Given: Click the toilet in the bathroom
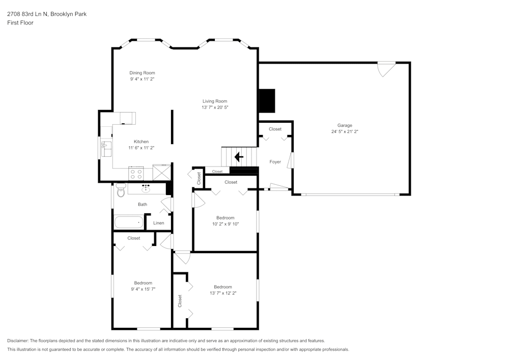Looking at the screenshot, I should (121, 191).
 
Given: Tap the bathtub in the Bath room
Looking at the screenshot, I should (129, 223).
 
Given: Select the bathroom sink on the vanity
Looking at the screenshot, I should (146, 189).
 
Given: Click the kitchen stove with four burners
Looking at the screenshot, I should (136, 174).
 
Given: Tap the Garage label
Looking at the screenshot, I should (345, 125).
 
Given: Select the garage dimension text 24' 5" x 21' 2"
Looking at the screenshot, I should (345, 131).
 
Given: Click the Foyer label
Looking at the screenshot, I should (275, 162).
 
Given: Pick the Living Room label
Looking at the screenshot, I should (214, 101).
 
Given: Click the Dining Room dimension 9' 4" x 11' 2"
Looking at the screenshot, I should (142, 79).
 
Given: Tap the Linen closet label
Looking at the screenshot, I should (158, 223).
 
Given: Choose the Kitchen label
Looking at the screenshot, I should (141, 142).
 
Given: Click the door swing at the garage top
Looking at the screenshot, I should (385, 68).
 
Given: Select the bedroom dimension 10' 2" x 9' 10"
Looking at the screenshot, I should (225, 224).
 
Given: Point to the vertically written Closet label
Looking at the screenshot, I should (180, 301).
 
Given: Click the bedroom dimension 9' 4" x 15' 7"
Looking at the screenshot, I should (143, 289).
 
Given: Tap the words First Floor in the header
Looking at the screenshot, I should (20, 23).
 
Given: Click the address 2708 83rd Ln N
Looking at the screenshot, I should (27, 14).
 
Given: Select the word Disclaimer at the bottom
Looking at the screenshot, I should (18, 341).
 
